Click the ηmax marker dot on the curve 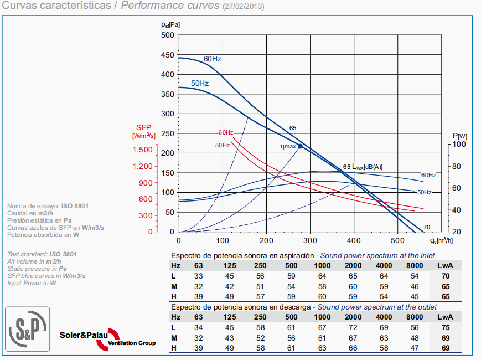tap(301, 146)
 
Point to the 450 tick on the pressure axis tap(168, 55)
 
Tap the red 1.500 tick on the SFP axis tap(142, 150)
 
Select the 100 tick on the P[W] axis tap(459, 144)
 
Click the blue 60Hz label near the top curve tap(213, 59)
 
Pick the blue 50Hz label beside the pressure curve tap(200, 83)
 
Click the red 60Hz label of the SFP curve tap(225, 132)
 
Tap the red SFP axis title tap(143, 127)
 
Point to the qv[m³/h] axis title tap(443, 240)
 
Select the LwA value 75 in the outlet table tap(444, 327)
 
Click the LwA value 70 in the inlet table tap(444, 276)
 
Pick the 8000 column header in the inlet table tap(415, 265)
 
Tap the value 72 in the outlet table tap(352, 327)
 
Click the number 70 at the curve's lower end tap(427, 227)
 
